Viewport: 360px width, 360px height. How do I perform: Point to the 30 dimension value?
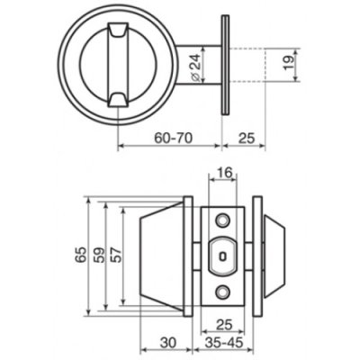[166, 343]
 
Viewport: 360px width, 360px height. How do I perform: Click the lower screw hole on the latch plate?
[222, 291]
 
